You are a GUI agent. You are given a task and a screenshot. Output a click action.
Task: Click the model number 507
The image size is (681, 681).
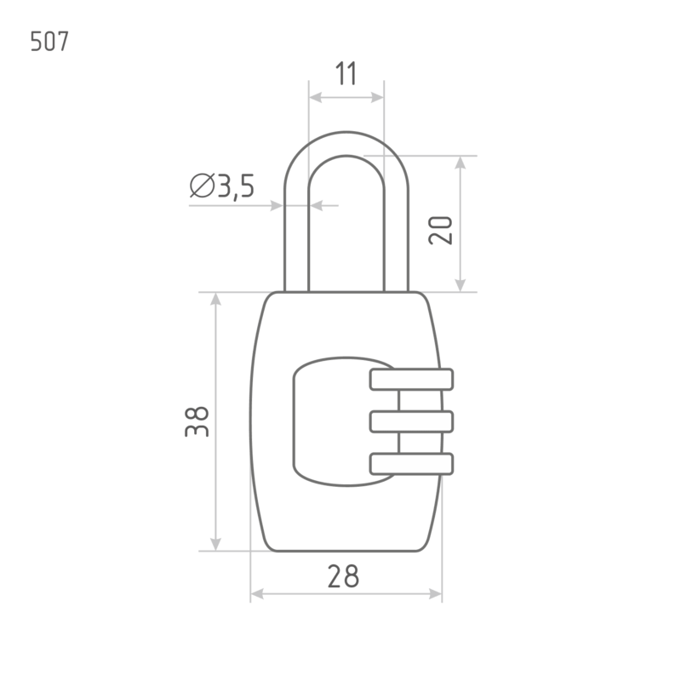tap(49, 42)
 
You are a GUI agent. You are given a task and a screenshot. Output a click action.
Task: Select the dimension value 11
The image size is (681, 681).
tap(346, 73)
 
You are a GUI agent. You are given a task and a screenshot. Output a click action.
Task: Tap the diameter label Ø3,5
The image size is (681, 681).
tap(222, 186)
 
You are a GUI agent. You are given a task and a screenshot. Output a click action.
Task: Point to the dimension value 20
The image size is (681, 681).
tap(440, 230)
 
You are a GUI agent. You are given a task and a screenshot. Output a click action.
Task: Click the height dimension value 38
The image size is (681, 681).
tap(197, 421)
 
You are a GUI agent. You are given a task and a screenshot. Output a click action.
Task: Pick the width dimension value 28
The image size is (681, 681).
tap(343, 576)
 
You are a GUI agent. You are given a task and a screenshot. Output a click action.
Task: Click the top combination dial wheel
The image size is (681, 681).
tap(411, 379)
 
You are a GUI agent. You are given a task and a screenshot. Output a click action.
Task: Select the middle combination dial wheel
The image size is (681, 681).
tap(411, 421)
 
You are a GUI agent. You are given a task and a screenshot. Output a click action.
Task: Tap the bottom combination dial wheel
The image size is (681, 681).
tap(411, 464)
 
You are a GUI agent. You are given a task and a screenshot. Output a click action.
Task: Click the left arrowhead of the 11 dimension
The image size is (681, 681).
tap(315, 97)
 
